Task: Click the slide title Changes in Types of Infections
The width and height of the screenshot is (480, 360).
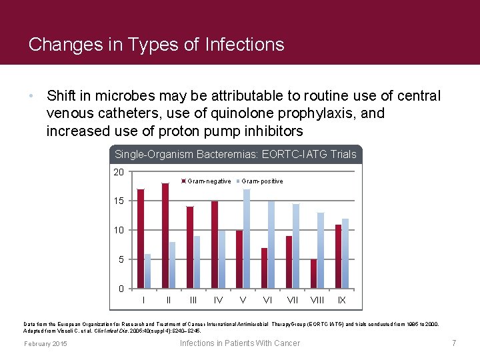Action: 157,45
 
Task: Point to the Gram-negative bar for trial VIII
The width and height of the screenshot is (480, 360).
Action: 313,274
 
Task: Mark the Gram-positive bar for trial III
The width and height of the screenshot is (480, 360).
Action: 197,262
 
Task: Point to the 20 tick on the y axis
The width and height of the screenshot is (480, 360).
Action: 119,172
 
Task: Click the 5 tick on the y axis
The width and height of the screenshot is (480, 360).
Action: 121,259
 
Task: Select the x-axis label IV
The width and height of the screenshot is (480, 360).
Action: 218,300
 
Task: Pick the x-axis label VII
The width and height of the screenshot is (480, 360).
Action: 292,300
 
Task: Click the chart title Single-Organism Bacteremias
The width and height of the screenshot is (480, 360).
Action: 235,155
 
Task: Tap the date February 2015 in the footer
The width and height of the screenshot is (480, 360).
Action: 45,343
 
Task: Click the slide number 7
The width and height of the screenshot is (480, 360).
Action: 453,343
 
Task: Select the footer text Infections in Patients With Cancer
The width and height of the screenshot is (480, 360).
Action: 240,343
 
